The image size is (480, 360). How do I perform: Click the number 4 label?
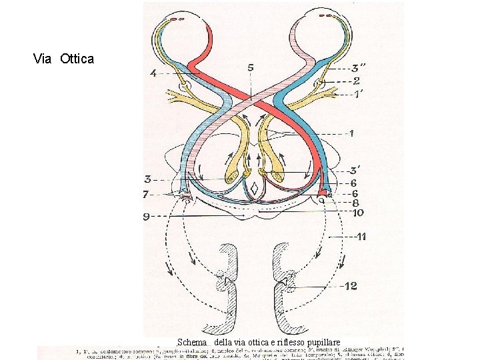pos(153,74)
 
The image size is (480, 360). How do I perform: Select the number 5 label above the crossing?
pos(250,67)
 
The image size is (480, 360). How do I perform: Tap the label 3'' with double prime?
pos(359,67)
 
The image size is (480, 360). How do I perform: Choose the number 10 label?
pos(357,213)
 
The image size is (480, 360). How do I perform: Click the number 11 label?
pos(361,237)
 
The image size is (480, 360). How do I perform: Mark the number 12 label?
pos(351,286)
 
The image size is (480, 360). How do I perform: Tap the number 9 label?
pos(146,216)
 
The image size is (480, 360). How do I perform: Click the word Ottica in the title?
pos(77,59)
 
